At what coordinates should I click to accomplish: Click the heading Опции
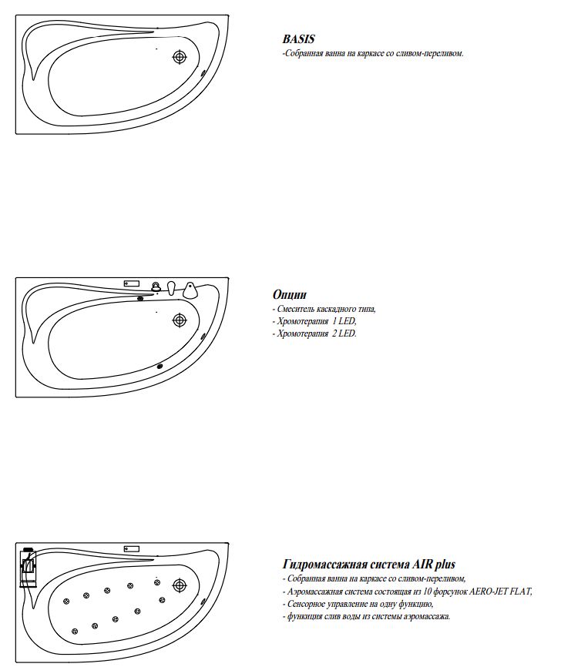click(290, 295)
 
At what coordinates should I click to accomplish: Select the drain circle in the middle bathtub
click(180, 319)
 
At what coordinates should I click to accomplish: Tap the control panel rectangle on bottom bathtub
click(132, 548)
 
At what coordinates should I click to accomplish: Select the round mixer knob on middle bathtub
click(156, 287)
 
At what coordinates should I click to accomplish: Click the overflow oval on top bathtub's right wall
click(203, 75)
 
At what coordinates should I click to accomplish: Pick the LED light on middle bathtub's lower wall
click(160, 366)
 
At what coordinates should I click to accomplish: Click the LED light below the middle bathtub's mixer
click(140, 298)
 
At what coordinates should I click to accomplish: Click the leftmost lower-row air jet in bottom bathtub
click(75, 632)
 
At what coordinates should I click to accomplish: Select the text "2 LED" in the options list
click(344, 334)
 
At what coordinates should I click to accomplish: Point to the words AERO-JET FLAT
click(501, 592)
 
